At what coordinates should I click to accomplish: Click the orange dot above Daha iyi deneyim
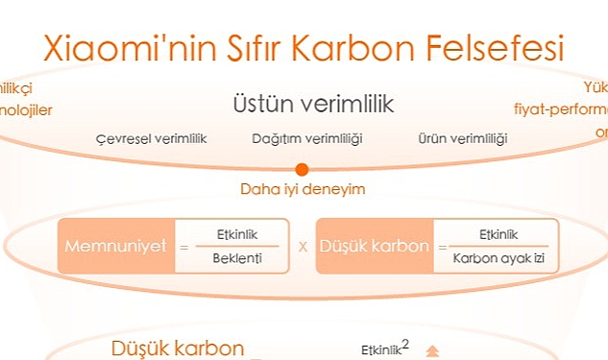click(x=302, y=169)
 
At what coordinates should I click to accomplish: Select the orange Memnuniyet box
click(x=116, y=246)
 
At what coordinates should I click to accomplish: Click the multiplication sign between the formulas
click(x=303, y=247)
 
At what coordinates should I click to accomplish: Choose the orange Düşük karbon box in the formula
click(x=375, y=246)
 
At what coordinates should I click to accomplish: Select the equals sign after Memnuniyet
click(x=182, y=247)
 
